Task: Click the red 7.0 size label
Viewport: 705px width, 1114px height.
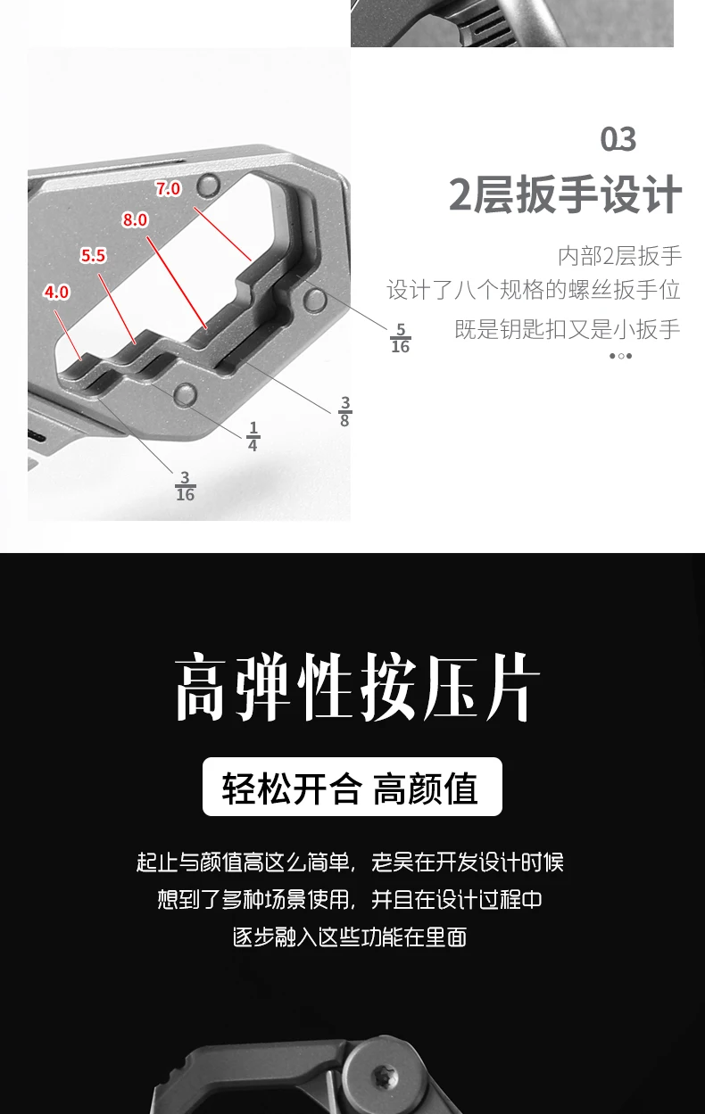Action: point(168,188)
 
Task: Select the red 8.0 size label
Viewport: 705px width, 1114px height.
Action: point(135,219)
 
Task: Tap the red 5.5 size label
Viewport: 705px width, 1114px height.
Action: point(93,256)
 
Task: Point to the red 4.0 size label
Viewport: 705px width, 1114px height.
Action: point(56,292)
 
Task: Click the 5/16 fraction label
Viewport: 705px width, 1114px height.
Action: point(401,338)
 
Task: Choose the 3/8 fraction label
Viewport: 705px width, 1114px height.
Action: point(344,411)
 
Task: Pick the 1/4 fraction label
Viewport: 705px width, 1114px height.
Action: point(253,437)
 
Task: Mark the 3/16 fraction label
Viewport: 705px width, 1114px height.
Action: point(185,486)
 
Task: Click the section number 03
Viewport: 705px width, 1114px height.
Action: point(618,139)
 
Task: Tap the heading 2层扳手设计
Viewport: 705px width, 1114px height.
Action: point(565,194)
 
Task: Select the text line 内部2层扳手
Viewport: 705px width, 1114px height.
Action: point(619,256)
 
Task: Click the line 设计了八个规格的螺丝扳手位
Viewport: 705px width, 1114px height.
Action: point(534,290)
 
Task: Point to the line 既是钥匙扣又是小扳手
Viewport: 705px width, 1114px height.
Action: point(568,329)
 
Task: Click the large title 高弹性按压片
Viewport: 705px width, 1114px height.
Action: point(357,687)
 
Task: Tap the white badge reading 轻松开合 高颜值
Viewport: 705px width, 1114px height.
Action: point(352,787)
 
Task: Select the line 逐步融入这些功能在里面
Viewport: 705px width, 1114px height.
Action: point(350,937)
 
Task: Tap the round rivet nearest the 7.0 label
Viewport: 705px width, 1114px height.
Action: point(209,185)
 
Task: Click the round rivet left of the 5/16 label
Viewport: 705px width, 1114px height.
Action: point(315,300)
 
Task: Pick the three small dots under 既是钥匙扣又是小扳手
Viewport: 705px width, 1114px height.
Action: point(621,356)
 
